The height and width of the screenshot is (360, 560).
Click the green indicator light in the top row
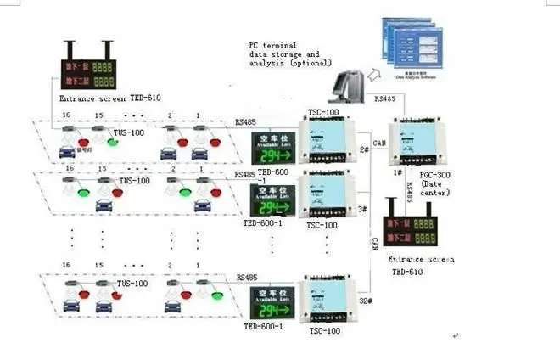pos(114,141)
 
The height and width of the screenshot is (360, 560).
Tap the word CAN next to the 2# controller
pos(379,142)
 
